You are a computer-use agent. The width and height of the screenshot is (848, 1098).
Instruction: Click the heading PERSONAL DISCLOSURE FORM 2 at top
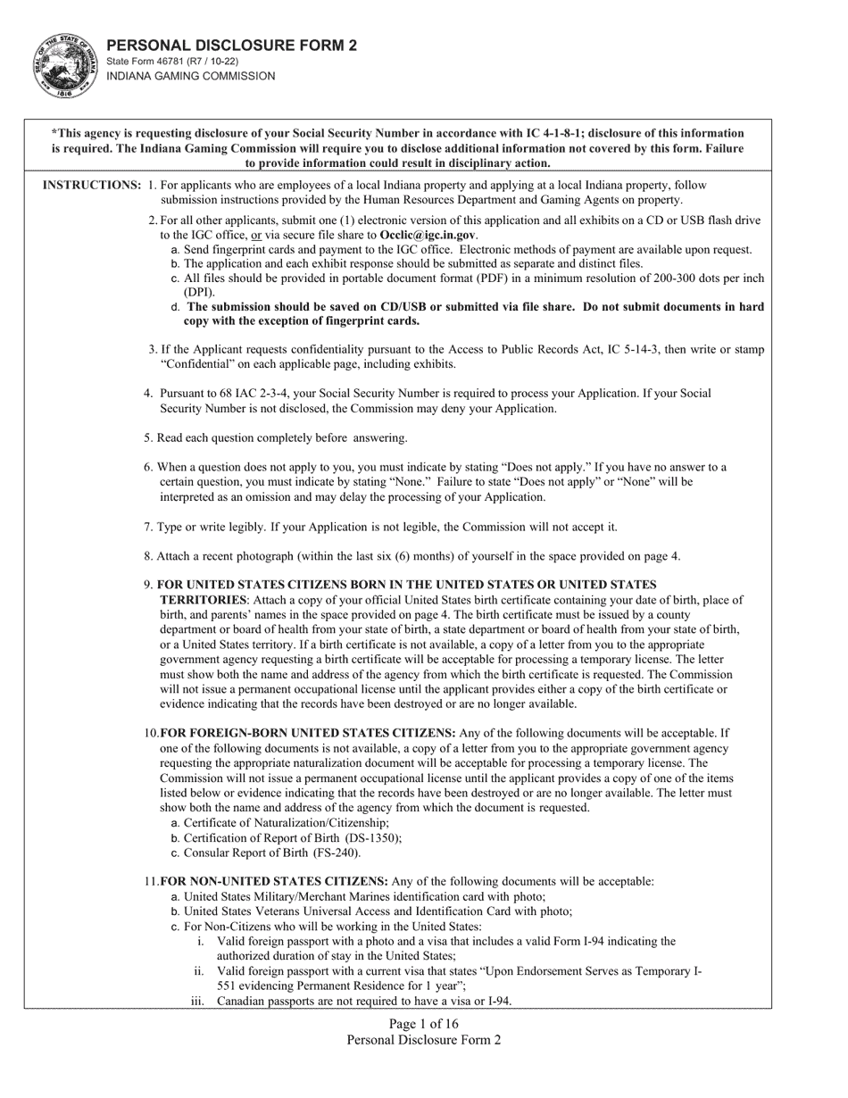click(x=232, y=46)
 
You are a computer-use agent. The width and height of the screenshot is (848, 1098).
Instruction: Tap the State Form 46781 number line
click(x=172, y=62)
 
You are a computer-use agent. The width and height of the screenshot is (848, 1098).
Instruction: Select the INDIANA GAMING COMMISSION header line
click(x=191, y=77)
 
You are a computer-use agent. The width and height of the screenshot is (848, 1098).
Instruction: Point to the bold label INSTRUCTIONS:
click(x=91, y=185)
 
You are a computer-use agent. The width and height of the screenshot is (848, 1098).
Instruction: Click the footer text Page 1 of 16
click(x=424, y=1024)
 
